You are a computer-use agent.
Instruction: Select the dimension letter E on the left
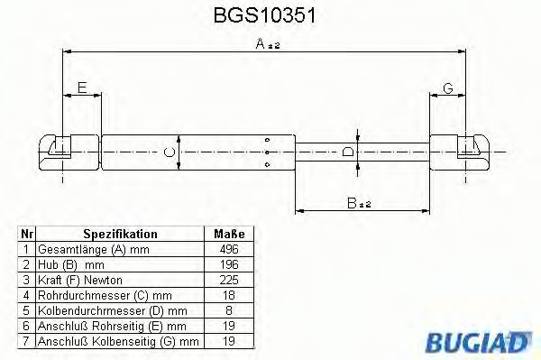82,88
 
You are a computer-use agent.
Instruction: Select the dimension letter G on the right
447,88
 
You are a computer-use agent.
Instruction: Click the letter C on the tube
169,151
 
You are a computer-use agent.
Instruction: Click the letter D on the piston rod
349,151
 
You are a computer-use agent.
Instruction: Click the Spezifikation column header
120,233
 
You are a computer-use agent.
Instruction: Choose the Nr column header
28,233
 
